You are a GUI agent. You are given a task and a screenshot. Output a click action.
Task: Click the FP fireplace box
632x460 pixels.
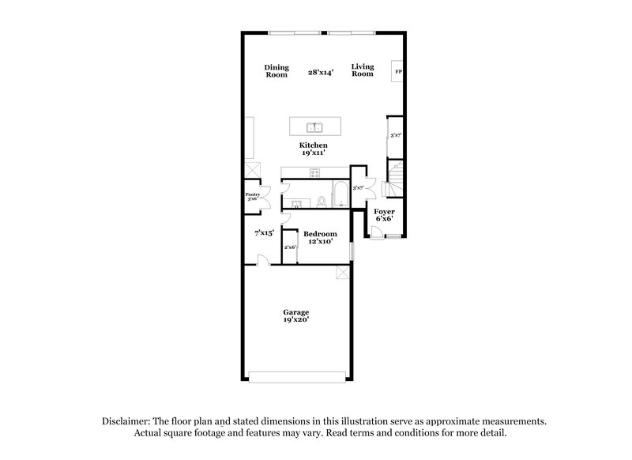pyautogui.click(x=398, y=72)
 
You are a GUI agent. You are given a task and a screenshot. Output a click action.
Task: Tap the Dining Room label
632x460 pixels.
pyautogui.click(x=276, y=70)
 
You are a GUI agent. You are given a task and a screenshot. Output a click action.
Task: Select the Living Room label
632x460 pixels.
pyautogui.click(x=363, y=70)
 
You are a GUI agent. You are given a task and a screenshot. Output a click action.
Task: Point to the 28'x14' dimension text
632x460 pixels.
pyautogui.click(x=321, y=71)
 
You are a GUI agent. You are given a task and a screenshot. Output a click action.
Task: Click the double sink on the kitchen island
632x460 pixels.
pyautogui.click(x=314, y=126)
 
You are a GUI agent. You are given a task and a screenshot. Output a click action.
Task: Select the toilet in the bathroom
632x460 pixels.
pyautogui.click(x=322, y=202)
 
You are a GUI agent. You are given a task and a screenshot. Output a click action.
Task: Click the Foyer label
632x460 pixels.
pyautogui.click(x=385, y=212)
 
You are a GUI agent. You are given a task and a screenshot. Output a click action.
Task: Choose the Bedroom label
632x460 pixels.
pyautogui.click(x=320, y=234)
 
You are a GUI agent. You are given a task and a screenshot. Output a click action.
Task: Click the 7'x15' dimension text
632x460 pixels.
pyautogui.click(x=263, y=233)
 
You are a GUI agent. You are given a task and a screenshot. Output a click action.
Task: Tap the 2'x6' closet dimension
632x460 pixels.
pyautogui.click(x=290, y=247)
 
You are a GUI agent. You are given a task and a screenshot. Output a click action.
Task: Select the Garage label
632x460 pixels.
pyautogui.click(x=297, y=312)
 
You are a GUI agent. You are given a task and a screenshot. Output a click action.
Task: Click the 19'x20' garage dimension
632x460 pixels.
pyautogui.click(x=297, y=321)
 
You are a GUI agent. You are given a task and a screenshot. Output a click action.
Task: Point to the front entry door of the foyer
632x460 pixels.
pyautogui.click(x=378, y=232)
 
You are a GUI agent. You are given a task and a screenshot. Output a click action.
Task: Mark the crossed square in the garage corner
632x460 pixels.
pyautogui.click(x=342, y=273)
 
